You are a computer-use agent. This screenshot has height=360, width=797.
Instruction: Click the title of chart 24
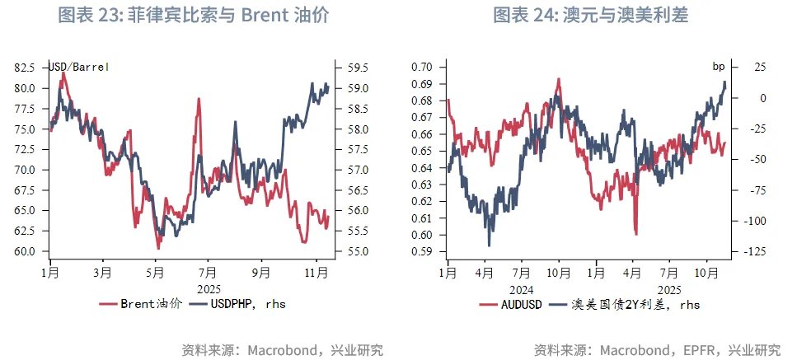[x=590, y=16]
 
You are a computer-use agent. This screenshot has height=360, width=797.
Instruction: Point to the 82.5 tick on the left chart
[x=28, y=68]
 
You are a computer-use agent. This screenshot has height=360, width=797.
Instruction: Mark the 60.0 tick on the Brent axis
[x=28, y=251]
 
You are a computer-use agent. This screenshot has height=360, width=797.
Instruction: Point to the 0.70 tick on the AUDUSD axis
[x=422, y=67]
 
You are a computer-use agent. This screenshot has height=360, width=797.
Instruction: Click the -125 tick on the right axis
[x=752, y=251]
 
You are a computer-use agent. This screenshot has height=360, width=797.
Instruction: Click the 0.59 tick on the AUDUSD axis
[x=422, y=251]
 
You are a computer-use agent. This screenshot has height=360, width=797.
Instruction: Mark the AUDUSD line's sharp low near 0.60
[x=635, y=233]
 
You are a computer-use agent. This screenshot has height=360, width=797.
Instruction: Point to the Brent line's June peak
[x=199, y=100]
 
